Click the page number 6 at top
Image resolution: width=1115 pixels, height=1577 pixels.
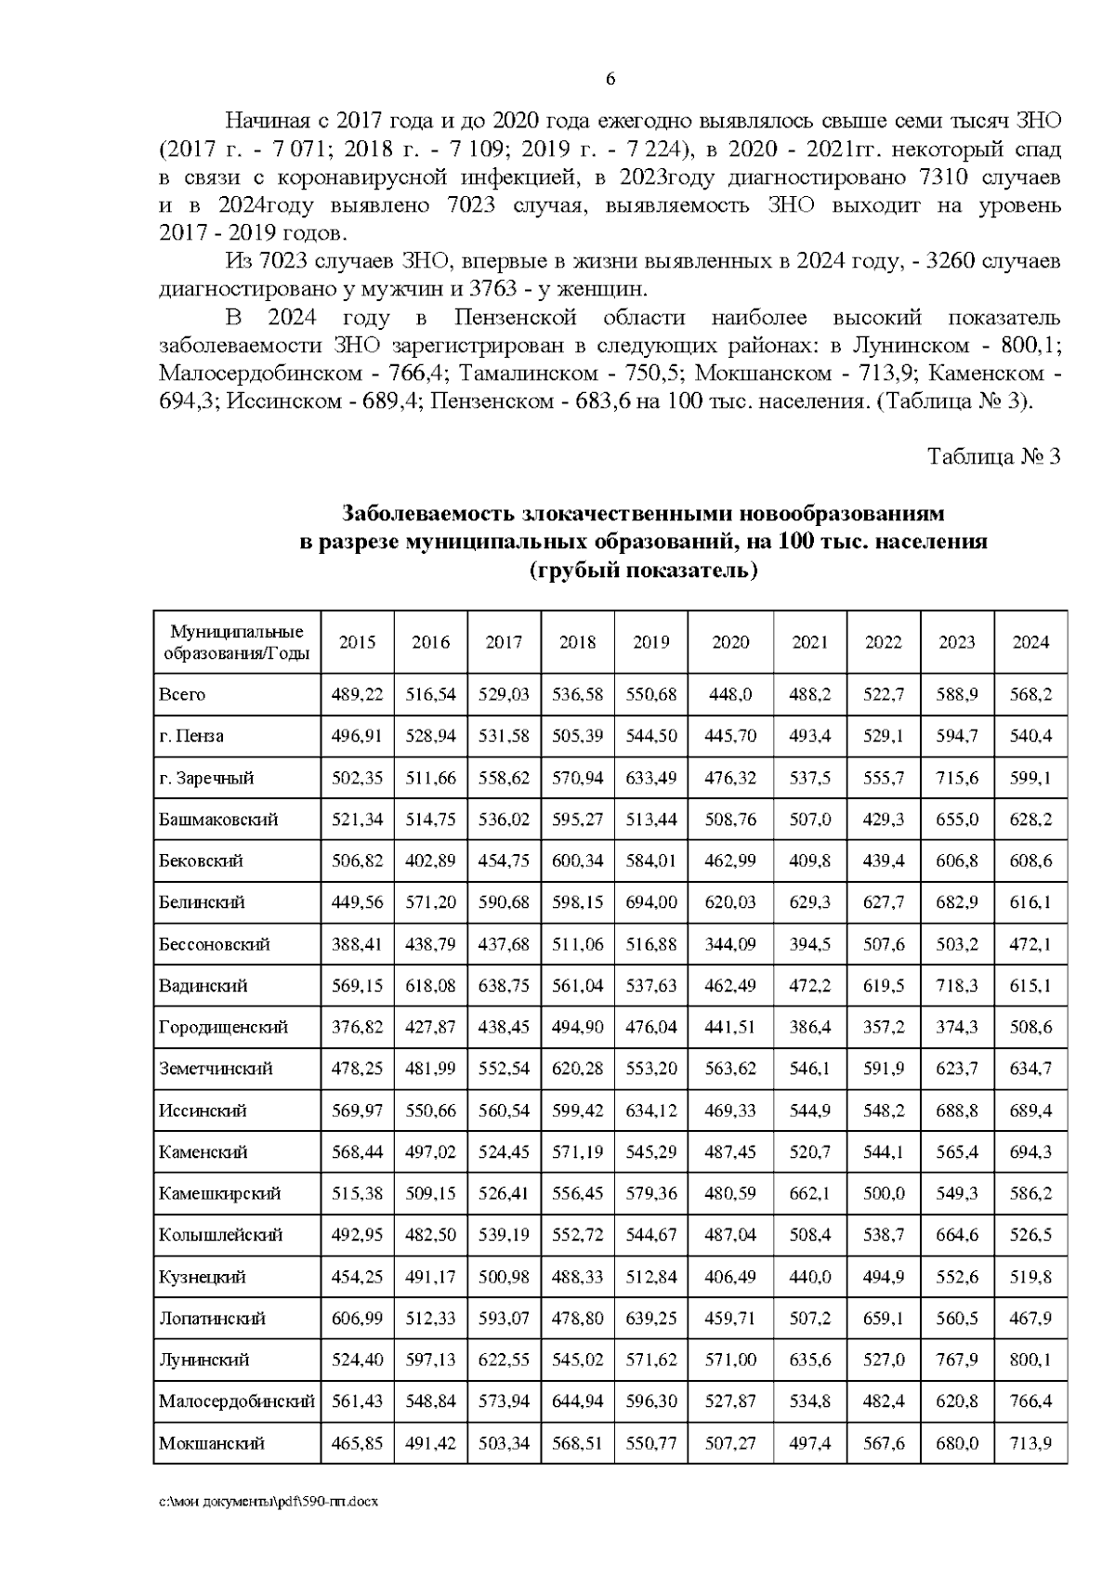point(610,79)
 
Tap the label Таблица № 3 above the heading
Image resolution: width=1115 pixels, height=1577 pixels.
point(993,456)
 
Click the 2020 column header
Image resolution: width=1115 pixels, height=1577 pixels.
point(730,642)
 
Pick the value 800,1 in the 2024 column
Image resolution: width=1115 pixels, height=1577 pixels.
point(1030,1360)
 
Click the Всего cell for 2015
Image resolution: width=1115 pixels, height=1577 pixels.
point(357,694)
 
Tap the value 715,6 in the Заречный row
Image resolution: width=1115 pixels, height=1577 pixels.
point(957,778)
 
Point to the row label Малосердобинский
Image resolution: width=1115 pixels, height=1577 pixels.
point(236,1400)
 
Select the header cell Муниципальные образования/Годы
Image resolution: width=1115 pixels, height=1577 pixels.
point(236,642)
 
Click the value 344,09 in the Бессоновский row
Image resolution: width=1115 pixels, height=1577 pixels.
point(730,944)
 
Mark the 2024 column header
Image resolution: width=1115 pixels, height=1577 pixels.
point(1030,642)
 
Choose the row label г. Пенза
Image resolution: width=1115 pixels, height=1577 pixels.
point(190,736)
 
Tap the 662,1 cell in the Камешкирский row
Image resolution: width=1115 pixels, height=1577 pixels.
point(809,1193)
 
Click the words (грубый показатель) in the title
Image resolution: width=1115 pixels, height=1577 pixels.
point(643,570)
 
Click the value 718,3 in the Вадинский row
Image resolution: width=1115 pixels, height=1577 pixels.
point(957,985)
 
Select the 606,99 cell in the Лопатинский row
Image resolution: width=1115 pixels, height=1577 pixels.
point(357,1318)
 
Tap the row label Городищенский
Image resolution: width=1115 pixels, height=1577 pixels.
point(223,1027)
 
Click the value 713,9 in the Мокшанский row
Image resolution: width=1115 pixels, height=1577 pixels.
point(1030,1442)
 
